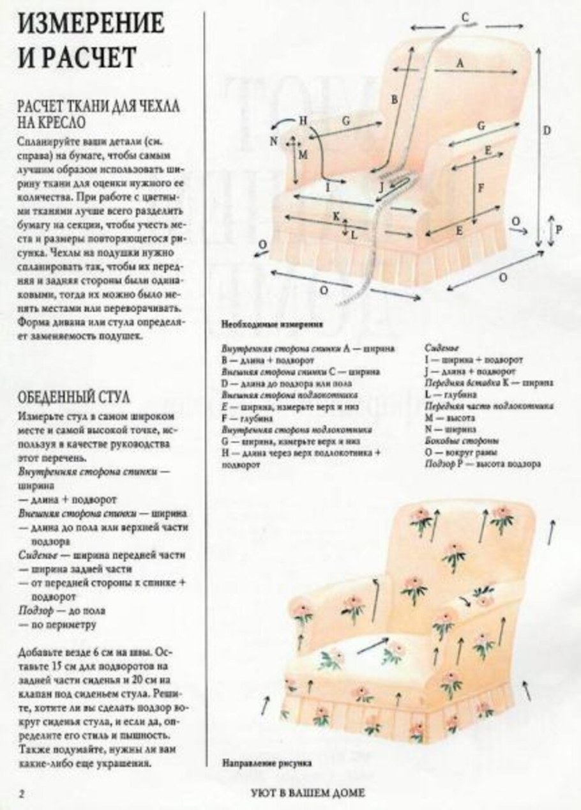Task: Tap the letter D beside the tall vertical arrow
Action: coord(547,130)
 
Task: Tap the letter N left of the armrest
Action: coord(274,141)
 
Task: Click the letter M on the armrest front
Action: coord(303,155)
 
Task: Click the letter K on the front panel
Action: coord(336,216)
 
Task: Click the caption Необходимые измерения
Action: coord(272,324)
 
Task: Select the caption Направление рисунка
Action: coord(267,761)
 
